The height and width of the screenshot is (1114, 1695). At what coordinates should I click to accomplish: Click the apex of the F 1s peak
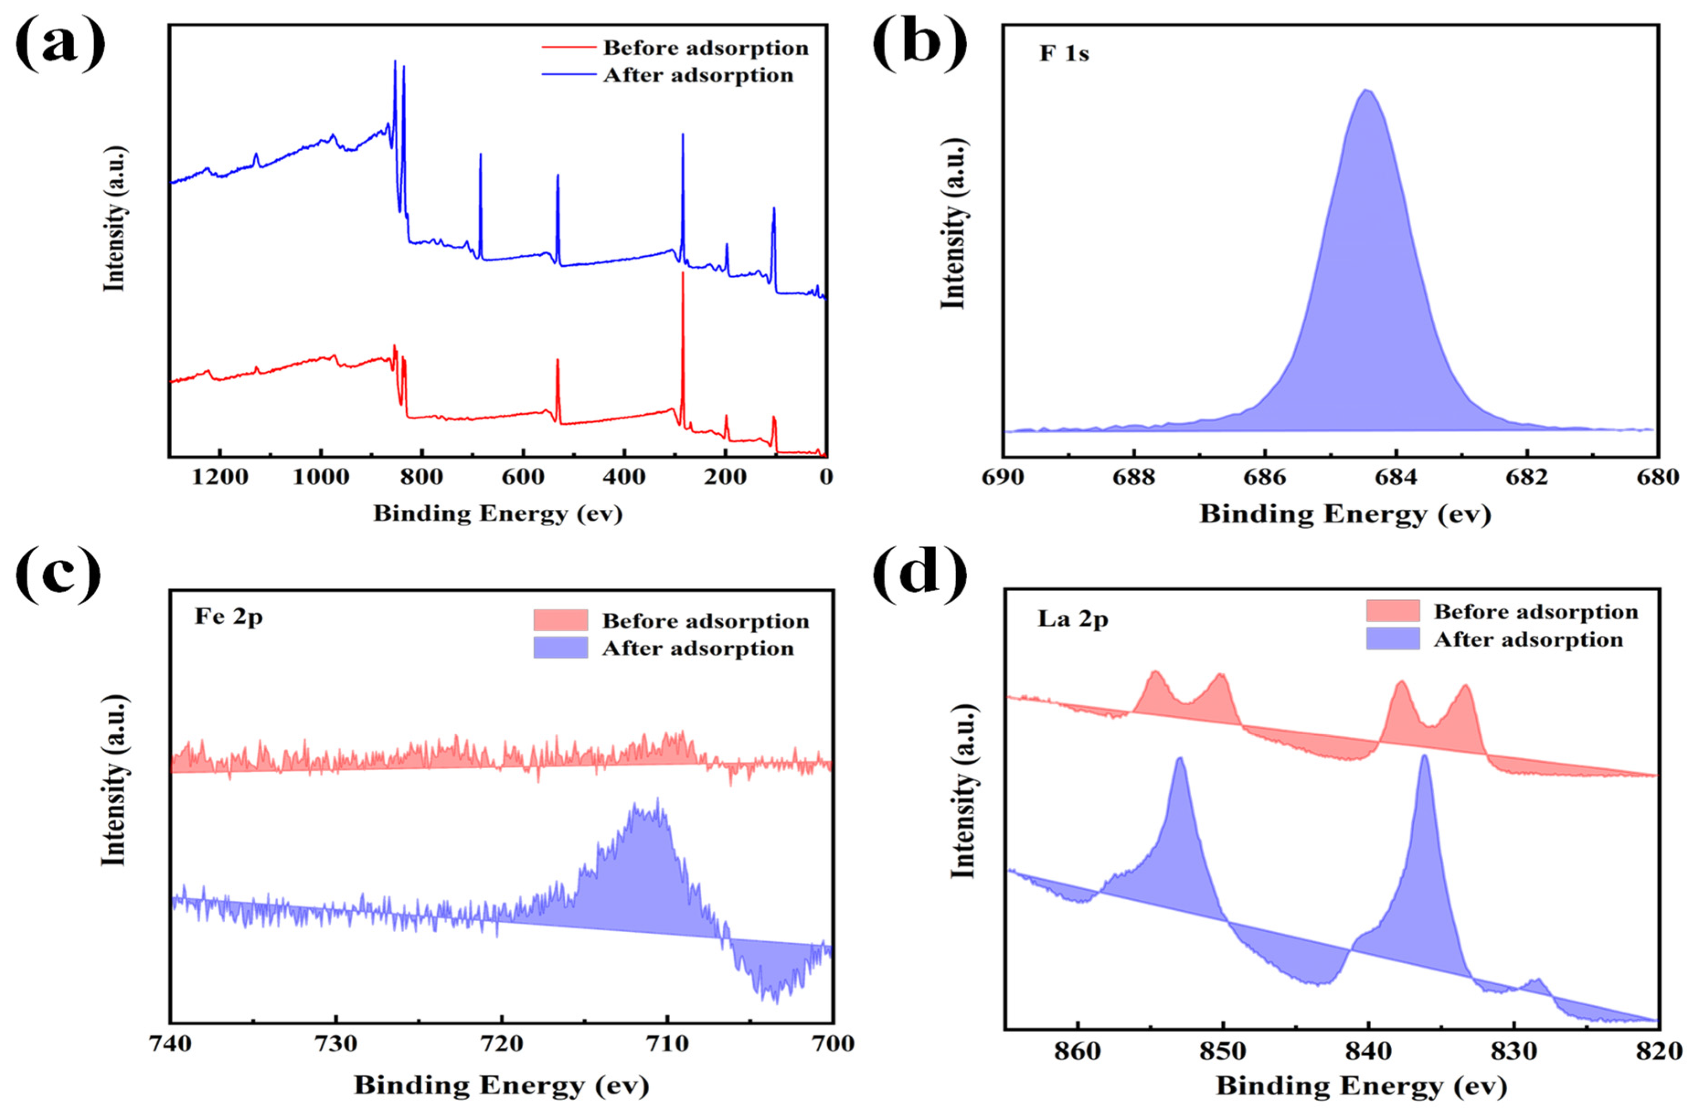click(1366, 90)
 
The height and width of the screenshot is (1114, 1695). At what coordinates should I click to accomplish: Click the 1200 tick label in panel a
click(219, 477)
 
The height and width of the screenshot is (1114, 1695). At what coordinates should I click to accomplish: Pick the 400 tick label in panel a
click(624, 477)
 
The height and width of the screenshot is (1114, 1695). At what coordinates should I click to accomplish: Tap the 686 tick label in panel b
click(1264, 477)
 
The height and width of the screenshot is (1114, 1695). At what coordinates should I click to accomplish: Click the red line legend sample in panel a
click(568, 48)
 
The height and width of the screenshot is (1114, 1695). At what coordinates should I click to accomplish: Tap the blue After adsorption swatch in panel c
click(561, 647)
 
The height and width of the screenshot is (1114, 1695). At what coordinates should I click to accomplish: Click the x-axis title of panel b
click(1345, 514)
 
